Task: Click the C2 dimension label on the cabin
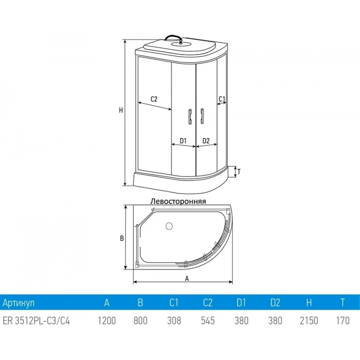pos(154,99)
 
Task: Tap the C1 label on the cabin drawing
pos(222,99)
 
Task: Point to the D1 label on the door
pos(183,141)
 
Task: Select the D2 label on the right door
pos(206,141)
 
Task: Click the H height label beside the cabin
pos(121,110)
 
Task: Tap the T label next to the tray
pos(239,172)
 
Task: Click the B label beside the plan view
pos(122,238)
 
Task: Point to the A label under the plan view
pos(187,278)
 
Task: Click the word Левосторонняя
pos(178,201)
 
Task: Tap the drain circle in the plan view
pos(169,226)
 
